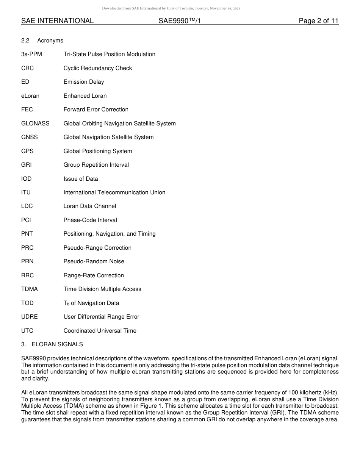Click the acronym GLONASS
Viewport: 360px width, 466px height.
tap(35, 124)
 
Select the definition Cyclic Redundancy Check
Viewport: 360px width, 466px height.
tap(98, 68)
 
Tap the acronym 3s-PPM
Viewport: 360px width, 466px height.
tap(31, 54)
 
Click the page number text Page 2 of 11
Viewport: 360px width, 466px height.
tap(318, 21)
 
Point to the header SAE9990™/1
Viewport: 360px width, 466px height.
tap(180, 21)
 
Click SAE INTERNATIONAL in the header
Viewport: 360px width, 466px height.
tap(57, 21)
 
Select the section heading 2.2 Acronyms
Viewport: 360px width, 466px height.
tap(42, 41)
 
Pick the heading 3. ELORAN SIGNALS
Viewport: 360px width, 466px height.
tap(52, 344)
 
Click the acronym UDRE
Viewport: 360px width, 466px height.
tap(30, 317)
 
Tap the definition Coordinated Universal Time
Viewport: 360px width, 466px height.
tap(100, 331)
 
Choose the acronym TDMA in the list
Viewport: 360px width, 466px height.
tap(30, 289)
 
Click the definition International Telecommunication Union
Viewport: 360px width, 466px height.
tap(114, 192)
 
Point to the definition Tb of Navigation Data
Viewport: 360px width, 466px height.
tap(91, 303)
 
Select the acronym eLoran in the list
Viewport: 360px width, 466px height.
tap(30, 96)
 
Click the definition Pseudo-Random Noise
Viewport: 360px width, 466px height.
tap(94, 261)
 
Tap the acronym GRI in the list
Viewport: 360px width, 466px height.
tap(27, 165)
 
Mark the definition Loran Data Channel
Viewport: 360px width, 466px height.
tap(90, 206)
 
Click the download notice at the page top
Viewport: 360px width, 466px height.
tap(171, 8)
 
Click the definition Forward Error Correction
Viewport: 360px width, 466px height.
tap(96, 109)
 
